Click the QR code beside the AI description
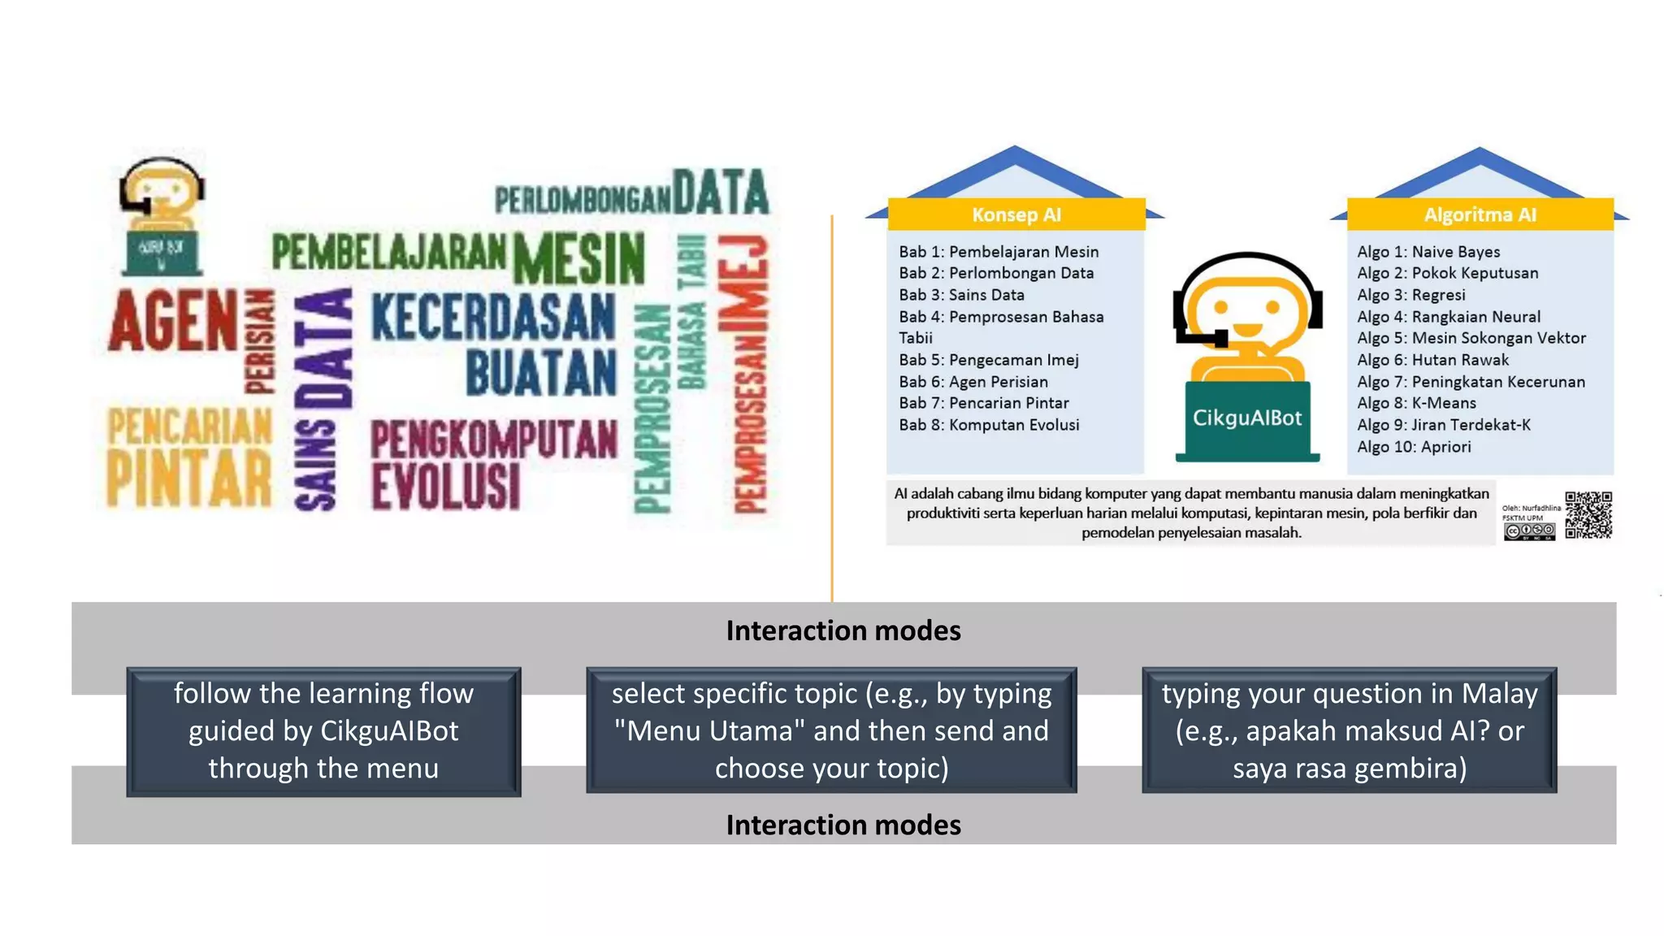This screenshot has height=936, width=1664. [x=1588, y=514]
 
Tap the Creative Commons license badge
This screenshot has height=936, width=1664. [x=1529, y=532]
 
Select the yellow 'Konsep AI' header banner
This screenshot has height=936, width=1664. [x=1016, y=214]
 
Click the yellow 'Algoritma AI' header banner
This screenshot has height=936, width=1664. [x=1480, y=214]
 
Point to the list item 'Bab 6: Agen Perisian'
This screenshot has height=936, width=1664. [x=973, y=382]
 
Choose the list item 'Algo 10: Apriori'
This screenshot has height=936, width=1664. [x=1414, y=447]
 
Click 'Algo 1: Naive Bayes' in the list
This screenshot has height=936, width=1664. [x=1428, y=252]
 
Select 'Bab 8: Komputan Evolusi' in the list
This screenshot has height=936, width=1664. [x=989, y=425]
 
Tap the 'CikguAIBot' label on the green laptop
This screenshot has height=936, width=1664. [x=1246, y=418]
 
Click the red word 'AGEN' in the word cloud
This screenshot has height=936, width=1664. [x=173, y=321]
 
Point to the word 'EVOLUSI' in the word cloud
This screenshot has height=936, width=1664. [x=445, y=486]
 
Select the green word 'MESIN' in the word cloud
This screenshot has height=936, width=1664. [x=579, y=259]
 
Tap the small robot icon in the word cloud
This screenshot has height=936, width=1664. [x=162, y=215]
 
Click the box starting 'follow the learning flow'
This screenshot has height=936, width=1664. [x=323, y=730]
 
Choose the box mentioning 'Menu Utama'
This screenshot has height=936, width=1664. [x=831, y=730]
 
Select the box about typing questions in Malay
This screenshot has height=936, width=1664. [x=1349, y=730]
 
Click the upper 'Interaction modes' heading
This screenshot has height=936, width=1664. [x=843, y=631]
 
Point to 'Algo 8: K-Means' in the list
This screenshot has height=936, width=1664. [x=1416, y=403]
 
